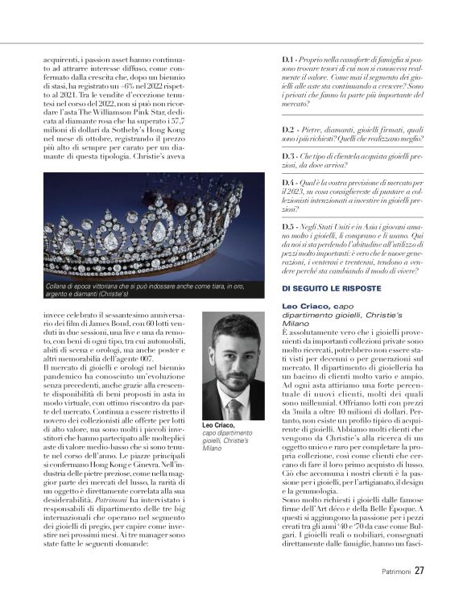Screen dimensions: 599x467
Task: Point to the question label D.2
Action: pos(287,129)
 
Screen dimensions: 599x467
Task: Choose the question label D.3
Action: pos(287,155)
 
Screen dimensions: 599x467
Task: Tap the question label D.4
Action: pos(287,183)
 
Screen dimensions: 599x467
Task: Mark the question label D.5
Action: pos(287,228)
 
